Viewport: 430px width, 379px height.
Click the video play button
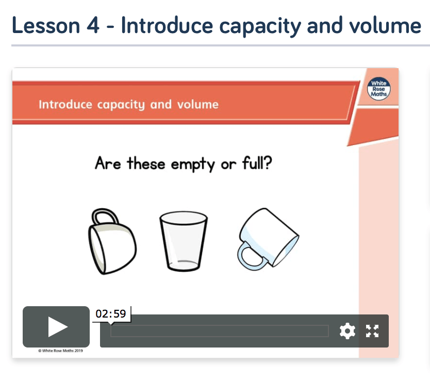click(x=56, y=326)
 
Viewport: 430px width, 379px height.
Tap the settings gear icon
click(x=347, y=331)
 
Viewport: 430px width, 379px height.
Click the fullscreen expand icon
click(x=372, y=331)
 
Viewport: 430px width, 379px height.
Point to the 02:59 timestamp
click(x=111, y=313)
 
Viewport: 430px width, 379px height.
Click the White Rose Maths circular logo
click(x=379, y=88)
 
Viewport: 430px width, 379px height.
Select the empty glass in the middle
click(x=184, y=241)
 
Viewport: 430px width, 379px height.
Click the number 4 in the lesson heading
click(x=93, y=25)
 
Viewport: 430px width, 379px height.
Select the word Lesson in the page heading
click(x=46, y=25)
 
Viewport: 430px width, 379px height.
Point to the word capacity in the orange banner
click(x=121, y=105)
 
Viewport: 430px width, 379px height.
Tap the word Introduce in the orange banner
click(x=65, y=104)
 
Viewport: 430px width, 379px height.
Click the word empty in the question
click(x=193, y=165)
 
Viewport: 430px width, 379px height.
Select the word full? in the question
click(x=257, y=163)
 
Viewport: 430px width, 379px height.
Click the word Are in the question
click(x=108, y=163)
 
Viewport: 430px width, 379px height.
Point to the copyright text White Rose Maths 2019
click(x=61, y=351)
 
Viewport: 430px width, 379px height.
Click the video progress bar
click(x=220, y=331)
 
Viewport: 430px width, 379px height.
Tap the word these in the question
click(x=146, y=163)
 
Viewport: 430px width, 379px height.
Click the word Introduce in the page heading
click(x=167, y=25)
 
